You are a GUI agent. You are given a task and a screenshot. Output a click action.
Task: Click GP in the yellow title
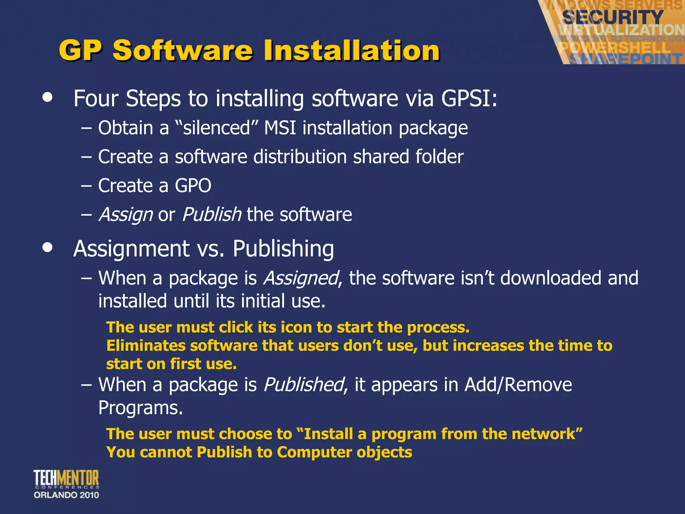click(x=80, y=51)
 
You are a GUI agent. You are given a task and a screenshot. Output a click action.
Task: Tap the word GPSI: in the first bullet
click(x=469, y=99)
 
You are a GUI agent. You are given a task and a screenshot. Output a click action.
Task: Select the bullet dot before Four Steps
click(x=48, y=97)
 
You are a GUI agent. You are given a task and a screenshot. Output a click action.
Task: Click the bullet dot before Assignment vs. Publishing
click(x=48, y=247)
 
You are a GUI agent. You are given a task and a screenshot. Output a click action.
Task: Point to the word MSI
click(x=280, y=128)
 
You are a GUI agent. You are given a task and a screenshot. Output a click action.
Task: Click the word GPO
click(x=193, y=186)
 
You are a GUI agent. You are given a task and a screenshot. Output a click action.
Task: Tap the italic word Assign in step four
click(x=126, y=215)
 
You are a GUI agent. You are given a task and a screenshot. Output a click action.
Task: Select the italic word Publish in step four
click(x=211, y=215)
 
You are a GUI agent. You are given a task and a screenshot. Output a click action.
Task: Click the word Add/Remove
click(x=518, y=385)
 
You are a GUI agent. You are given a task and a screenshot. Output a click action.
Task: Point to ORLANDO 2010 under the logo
click(x=66, y=495)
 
